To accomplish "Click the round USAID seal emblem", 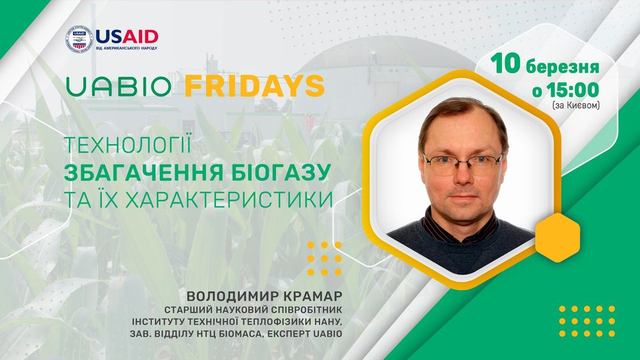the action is click(79, 39).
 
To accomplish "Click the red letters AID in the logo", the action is click(141, 37).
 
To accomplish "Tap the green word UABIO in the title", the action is click(119, 86).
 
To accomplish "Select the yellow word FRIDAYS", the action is click(255, 86).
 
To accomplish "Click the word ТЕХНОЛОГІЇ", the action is click(128, 146).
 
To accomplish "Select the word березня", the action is click(563, 66).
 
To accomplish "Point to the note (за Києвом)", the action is click(576, 105).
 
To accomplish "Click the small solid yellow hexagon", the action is click(557, 237).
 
